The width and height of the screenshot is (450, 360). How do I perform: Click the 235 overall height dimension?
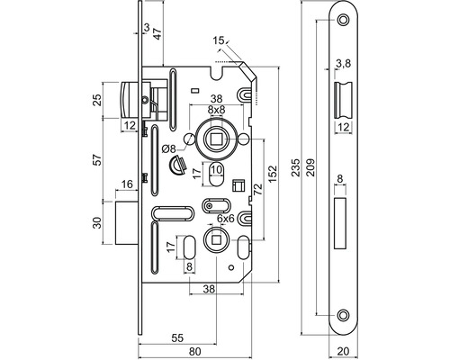296,167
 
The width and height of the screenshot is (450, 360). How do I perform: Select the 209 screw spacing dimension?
310,167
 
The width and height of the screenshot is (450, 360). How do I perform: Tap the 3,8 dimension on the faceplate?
343,64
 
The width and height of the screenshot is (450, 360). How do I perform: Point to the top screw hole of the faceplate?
343,20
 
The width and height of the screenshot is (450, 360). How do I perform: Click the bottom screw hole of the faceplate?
343,315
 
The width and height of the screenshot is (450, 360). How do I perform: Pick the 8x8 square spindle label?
216,110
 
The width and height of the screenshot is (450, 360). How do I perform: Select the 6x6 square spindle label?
225,219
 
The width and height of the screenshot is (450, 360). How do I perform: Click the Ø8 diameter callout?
168,148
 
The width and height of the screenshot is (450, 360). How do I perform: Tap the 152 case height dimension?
273,174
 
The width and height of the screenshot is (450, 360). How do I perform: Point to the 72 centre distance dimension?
257,190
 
